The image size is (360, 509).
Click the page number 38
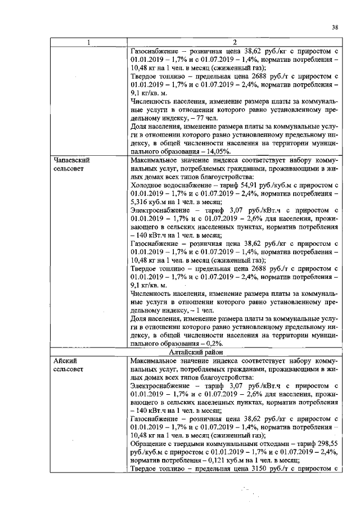click(x=335, y=26)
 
